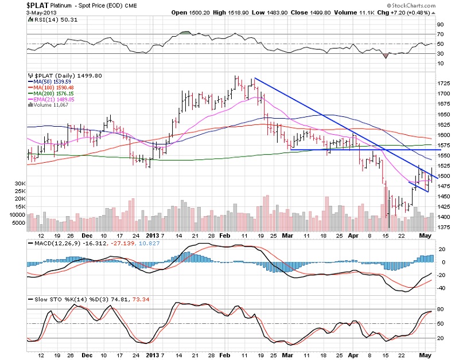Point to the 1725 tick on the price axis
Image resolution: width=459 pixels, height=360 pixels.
(444, 84)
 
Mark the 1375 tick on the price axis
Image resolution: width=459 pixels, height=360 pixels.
(444, 227)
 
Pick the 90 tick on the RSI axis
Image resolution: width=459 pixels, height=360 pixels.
(441, 25)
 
